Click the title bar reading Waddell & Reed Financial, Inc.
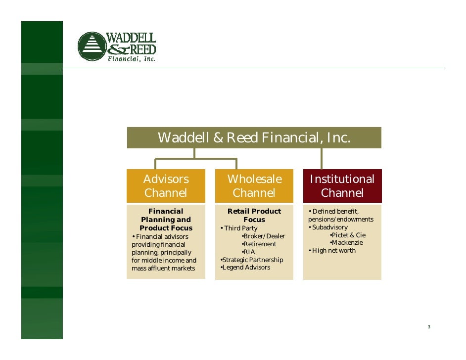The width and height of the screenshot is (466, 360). (x=254, y=137)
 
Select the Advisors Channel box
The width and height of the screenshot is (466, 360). (x=166, y=185)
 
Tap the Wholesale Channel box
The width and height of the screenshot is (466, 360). (x=254, y=185)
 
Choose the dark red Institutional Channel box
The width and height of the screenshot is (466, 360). (x=342, y=185)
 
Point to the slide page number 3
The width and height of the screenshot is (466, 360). (x=429, y=327)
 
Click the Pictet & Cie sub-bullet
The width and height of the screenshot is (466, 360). (x=348, y=235)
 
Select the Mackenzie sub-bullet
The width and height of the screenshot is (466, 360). (x=347, y=243)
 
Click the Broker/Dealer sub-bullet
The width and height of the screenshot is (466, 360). (x=264, y=236)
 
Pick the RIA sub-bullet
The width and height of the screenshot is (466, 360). (x=249, y=252)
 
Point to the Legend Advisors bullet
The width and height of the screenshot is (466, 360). (x=245, y=268)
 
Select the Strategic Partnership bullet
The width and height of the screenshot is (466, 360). (x=252, y=260)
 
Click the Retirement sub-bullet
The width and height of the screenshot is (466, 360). (x=259, y=244)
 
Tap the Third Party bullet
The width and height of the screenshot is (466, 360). (x=239, y=228)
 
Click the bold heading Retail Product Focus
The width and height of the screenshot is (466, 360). (x=254, y=215)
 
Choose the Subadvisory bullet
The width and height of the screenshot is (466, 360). (x=328, y=227)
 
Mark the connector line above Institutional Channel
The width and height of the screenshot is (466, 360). (x=322, y=158)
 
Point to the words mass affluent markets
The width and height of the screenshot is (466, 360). (x=163, y=269)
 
